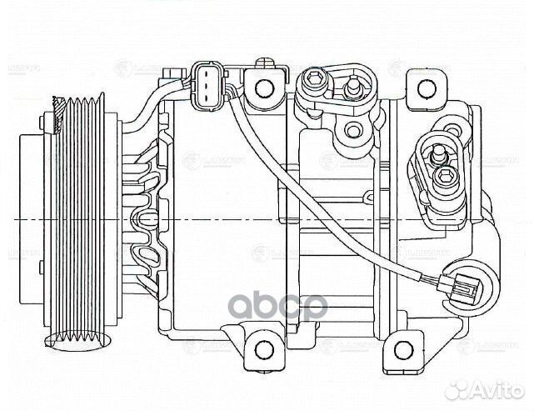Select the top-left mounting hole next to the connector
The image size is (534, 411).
pos(265,87)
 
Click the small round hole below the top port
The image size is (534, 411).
pos(353,129)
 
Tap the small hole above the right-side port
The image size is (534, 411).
pos(453,129)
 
